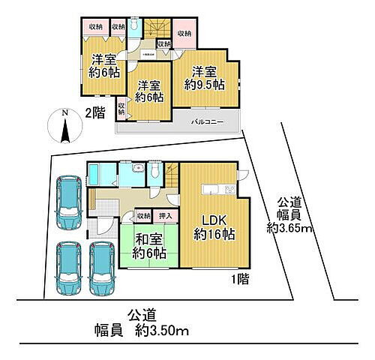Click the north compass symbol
[x=63, y=127]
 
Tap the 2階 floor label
[x=95, y=113]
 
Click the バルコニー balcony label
[x=205, y=120]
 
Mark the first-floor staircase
[x=172, y=177]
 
